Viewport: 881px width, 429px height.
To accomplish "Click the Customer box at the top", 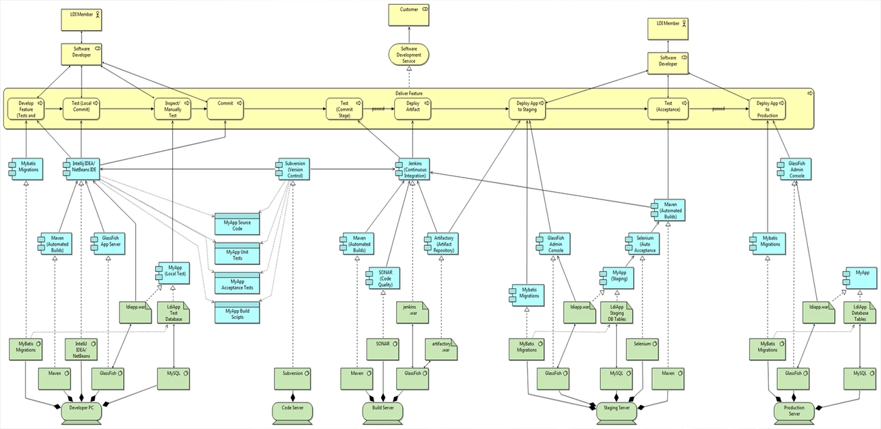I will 408,15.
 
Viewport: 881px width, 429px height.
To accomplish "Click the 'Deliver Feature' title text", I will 408,93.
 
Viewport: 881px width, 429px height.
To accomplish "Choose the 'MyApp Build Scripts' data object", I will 238,313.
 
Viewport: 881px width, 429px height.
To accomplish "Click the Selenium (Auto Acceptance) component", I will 645,244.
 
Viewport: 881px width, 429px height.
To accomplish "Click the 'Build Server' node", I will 382,410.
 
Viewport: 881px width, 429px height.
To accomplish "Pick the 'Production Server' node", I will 794,411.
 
